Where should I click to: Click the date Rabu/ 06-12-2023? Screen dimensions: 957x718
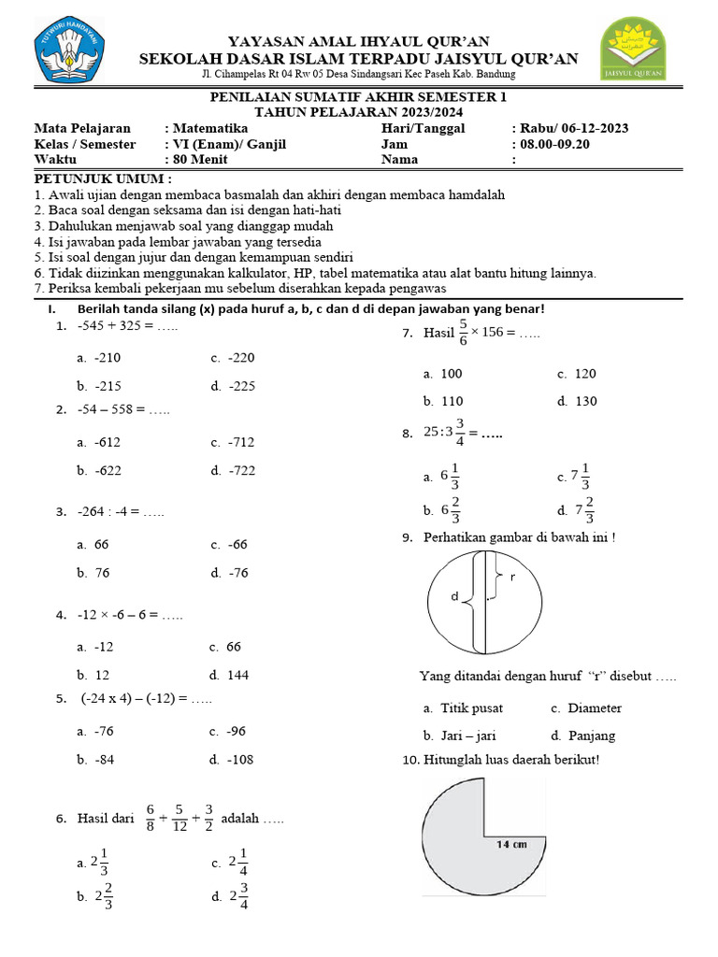point(575,128)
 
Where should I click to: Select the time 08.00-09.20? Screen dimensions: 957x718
point(552,144)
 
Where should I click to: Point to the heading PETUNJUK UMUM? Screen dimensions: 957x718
point(103,179)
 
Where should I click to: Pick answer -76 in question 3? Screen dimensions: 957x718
point(238,573)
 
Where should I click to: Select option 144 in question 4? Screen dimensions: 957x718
point(238,675)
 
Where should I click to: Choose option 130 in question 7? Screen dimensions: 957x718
point(583,401)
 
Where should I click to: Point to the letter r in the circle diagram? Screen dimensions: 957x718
point(512,578)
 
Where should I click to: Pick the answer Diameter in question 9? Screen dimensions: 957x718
point(594,708)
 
